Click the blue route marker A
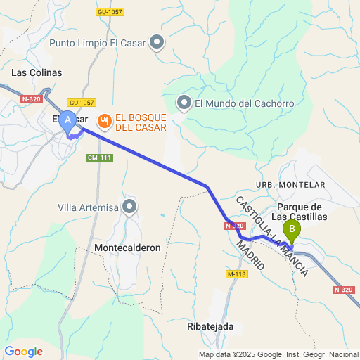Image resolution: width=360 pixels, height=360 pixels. pyautogui.click(x=68, y=121)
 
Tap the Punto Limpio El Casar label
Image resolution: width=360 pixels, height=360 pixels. pyautogui.click(x=97, y=44)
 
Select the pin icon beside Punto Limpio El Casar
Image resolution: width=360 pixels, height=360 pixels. pyautogui.click(x=157, y=44)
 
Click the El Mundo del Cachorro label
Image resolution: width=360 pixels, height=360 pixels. pyautogui.click(x=244, y=103)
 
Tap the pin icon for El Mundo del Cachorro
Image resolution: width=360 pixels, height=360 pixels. pyautogui.click(x=184, y=103)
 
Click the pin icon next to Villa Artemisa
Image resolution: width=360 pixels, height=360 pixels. pyautogui.click(x=129, y=207)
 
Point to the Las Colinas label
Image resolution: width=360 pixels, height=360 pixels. pyautogui.click(x=37, y=72)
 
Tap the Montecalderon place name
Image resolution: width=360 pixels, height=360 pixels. pyautogui.click(x=127, y=248)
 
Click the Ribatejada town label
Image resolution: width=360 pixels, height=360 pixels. pyautogui.click(x=210, y=326)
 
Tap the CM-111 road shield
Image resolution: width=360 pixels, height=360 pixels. pyautogui.click(x=100, y=157)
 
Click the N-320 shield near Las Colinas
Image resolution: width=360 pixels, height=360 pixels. pyautogui.click(x=31, y=99)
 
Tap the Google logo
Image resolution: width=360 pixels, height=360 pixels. pyautogui.click(x=23, y=352)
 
